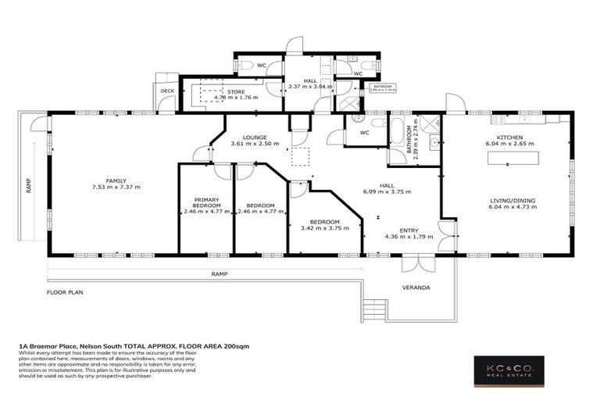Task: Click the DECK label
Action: point(167,91)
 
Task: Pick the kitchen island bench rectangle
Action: point(515,158)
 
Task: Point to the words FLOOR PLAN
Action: point(65,292)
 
